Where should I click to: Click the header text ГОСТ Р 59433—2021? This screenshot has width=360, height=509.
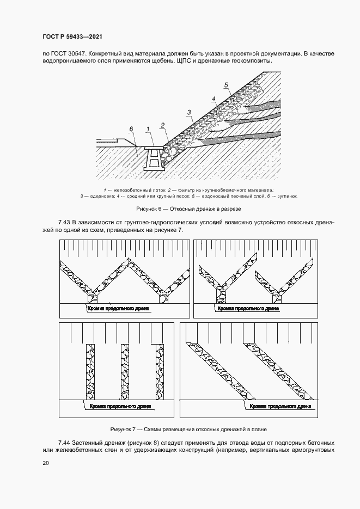click(72, 36)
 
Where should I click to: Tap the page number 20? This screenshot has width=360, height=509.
click(45, 463)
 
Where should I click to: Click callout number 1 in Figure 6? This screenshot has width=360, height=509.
click(148, 128)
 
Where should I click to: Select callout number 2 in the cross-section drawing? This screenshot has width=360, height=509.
click(162, 125)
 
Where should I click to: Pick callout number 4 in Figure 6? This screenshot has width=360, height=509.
click(214, 99)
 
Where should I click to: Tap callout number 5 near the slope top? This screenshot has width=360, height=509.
click(225, 85)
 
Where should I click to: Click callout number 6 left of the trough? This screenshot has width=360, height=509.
click(131, 129)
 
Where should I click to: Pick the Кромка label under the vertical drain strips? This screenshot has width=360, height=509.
click(114, 407)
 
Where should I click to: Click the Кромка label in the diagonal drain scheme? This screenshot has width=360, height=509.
click(280, 407)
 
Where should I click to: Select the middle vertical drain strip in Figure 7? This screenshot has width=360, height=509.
click(125, 372)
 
